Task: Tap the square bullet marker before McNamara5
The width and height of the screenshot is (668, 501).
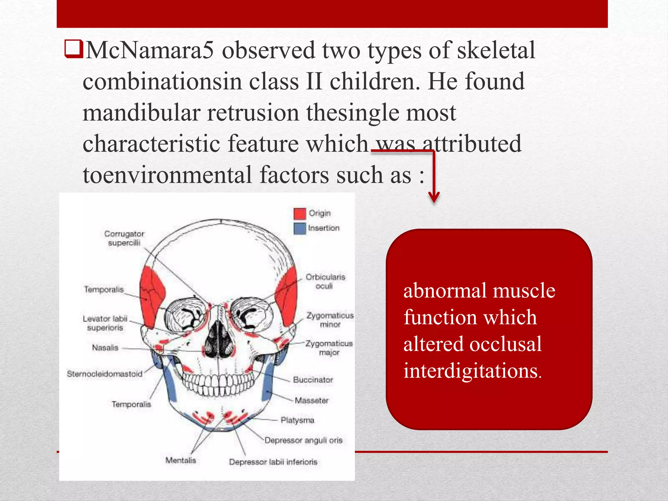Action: point(73,49)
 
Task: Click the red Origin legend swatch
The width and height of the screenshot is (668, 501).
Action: point(300,214)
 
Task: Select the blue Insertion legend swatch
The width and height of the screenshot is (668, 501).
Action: point(300,228)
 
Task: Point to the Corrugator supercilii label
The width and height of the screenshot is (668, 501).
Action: point(124,238)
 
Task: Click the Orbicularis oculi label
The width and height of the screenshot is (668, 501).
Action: point(325,281)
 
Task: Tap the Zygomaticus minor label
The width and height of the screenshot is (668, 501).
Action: point(330,320)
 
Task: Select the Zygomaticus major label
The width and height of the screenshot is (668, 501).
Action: point(329,348)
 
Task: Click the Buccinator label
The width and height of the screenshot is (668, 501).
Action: point(313,380)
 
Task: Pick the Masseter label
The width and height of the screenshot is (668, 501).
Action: point(311,401)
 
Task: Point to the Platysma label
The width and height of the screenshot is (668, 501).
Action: point(297,420)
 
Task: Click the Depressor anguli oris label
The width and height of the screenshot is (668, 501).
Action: point(303,441)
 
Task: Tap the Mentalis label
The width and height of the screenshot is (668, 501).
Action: point(181,461)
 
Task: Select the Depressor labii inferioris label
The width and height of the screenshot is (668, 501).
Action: point(273,462)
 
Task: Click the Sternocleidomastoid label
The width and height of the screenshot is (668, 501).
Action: point(105,374)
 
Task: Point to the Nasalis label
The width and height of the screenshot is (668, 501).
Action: point(105,348)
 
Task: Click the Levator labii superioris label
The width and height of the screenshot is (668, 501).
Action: point(105,323)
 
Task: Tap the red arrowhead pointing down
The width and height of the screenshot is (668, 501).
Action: point(434,197)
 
